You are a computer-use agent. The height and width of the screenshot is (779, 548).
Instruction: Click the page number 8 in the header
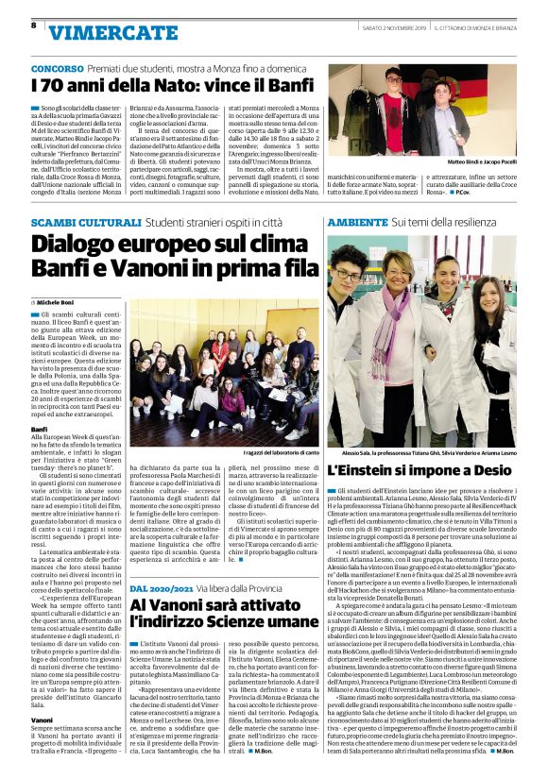(x=33, y=25)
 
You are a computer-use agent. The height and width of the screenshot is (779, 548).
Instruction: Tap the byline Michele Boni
(x=62, y=300)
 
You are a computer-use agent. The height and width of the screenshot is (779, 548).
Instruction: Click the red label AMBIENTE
(x=358, y=222)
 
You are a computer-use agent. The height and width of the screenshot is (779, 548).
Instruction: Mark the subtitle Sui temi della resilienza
(x=438, y=222)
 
